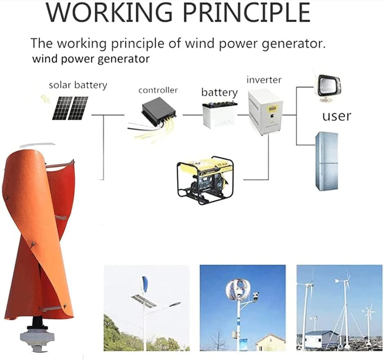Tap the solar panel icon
(x=70, y=108)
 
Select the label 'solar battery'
(x=78, y=85)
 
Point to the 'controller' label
(x=157, y=90)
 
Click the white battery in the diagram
(x=220, y=115)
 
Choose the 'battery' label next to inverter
(x=219, y=92)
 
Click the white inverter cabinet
(x=265, y=112)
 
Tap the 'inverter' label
(x=264, y=80)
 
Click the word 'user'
(x=336, y=116)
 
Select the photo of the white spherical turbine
(x=243, y=307)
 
